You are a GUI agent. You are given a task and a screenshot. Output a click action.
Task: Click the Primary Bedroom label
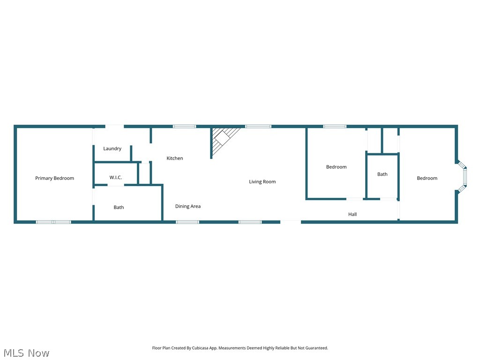(x=54, y=178)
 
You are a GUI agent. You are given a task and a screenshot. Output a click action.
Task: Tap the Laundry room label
(x=112, y=149)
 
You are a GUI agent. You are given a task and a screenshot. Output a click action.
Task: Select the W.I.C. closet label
(x=116, y=178)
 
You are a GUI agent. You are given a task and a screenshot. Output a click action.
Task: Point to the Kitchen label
(x=175, y=158)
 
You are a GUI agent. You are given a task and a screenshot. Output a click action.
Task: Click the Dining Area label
(x=188, y=206)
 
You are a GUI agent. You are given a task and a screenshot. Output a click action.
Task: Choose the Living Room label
(x=262, y=182)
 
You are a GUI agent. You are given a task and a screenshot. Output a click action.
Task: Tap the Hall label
(x=352, y=214)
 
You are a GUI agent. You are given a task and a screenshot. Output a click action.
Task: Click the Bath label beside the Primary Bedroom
(x=119, y=207)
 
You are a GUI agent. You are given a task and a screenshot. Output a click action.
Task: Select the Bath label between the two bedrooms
(x=382, y=174)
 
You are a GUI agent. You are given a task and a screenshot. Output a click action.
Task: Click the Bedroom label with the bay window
(x=427, y=178)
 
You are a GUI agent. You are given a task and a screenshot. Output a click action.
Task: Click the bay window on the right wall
(x=464, y=177)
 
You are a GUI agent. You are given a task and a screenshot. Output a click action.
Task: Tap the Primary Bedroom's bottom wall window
(x=53, y=222)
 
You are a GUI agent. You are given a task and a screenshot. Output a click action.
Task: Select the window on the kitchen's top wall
(x=184, y=127)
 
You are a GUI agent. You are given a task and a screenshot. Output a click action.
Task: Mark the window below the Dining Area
(x=187, y=222)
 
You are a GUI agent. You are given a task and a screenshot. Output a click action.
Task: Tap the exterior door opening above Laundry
(x=114, y=126)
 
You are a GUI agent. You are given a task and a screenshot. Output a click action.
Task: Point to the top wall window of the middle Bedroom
(x=335, y=127)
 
